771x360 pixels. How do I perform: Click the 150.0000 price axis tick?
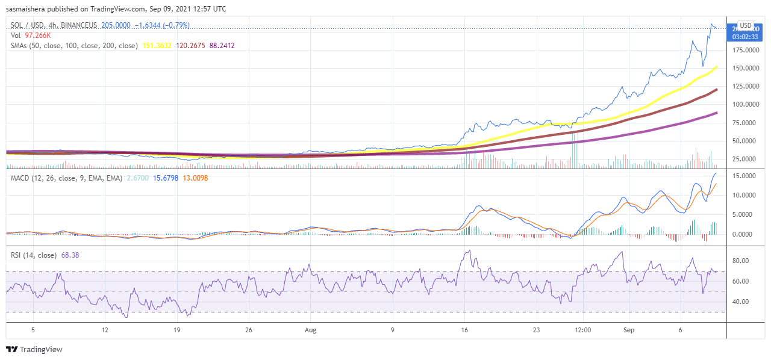pos(745,69)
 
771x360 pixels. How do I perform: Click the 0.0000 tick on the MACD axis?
pos(748,234)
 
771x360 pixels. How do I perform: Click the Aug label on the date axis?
pos(311,330)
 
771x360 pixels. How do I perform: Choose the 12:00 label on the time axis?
pos(583,330)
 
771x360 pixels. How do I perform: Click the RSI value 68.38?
pos(70,255)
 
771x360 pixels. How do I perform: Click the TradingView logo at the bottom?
pos(34,349)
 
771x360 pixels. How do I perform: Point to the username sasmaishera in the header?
pos(31,9)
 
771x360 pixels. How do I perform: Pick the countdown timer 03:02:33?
pos(746,37)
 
